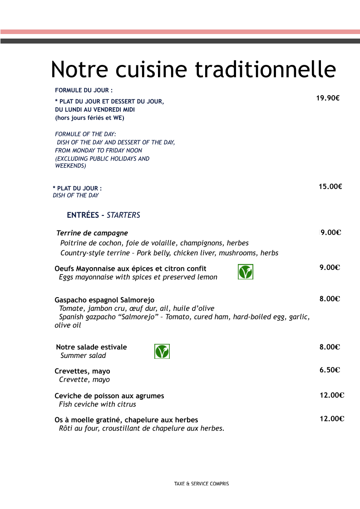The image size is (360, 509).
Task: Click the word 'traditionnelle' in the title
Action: point(266,69)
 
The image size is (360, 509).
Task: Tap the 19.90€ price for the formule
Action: point(328,98)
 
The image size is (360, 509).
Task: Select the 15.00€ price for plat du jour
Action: point(330,186)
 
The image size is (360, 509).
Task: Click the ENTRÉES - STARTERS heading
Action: point(104,215)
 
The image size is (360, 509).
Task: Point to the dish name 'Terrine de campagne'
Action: point(92,233)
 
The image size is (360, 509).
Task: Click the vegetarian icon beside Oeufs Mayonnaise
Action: point(246,272)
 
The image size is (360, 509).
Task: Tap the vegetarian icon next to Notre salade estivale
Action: point(162,352)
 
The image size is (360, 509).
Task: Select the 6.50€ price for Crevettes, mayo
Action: point(330,370)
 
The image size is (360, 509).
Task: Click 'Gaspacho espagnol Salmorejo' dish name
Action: point(104,300)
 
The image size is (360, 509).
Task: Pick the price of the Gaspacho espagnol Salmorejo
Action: point(330,299)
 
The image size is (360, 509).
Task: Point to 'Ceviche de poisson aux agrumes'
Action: point(109,396)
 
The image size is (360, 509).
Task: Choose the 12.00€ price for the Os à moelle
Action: point(331,419)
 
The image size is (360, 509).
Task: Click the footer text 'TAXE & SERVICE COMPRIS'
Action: point(202,484)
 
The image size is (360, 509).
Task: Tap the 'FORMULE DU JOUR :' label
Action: point(84,90)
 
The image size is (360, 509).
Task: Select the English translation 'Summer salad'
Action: point(83,356)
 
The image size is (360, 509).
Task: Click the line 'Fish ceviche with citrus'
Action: point(98,404)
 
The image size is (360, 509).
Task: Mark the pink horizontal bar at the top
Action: point(180,32)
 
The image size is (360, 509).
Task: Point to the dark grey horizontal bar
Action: point(180,41)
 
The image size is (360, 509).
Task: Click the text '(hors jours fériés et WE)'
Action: point(89,118)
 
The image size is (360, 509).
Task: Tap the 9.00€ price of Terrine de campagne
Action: point(330,233)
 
